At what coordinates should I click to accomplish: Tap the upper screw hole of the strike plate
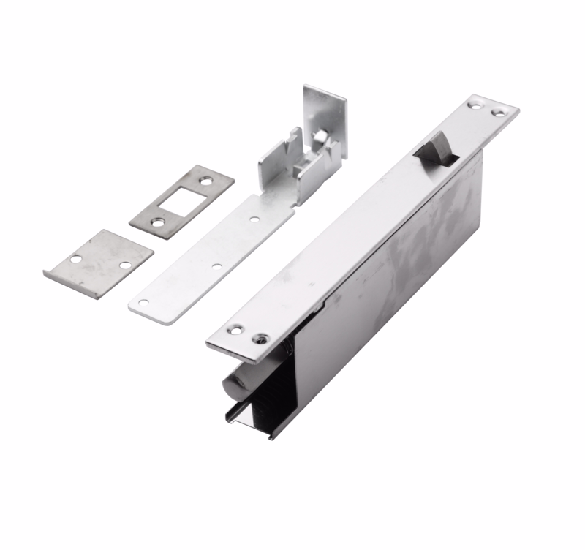206,180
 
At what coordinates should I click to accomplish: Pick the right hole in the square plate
125,264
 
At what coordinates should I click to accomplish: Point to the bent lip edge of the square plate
70,285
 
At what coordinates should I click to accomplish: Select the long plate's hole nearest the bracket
253,218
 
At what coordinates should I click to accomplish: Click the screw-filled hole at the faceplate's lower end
257,339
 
